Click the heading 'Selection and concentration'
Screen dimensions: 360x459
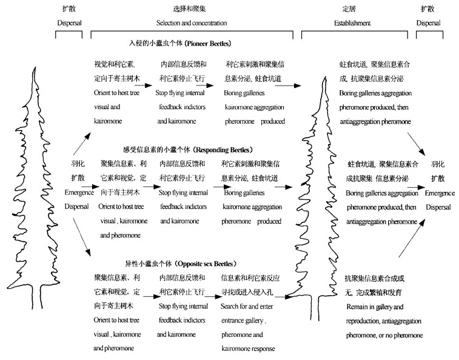click(x=192, y=23)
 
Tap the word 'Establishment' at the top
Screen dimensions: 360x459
click(x=353, y=23)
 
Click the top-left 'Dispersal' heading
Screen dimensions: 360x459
click(x=69, y=23)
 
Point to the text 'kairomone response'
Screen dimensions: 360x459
click(x=249, y=348)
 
